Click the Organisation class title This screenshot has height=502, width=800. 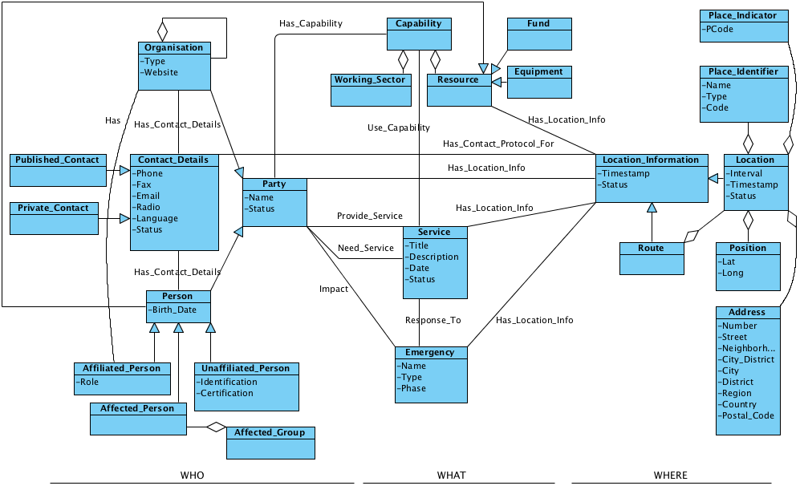173,47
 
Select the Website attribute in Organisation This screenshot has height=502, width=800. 161,72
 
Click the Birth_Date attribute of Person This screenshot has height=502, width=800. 174,310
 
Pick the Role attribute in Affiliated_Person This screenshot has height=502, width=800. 89,382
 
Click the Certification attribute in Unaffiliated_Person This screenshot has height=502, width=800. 228,393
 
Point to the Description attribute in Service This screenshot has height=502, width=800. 433,257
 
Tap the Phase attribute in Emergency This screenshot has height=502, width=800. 414,388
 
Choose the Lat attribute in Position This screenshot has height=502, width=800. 729,261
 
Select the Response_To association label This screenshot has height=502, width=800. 432,320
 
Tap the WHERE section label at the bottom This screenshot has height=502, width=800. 670,475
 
